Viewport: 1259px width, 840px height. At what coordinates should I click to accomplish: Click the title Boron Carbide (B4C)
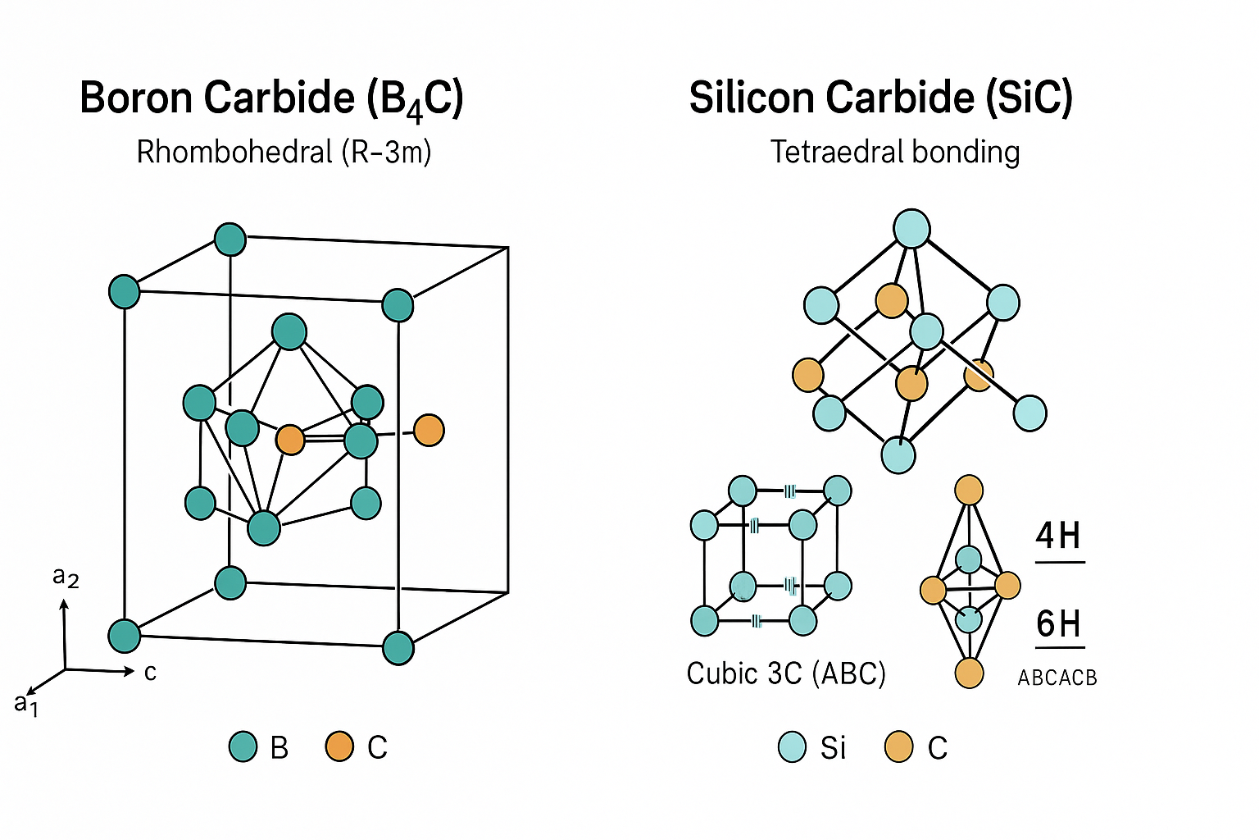(271, 98)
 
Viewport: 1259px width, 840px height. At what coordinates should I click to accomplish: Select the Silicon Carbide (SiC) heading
(880, 98)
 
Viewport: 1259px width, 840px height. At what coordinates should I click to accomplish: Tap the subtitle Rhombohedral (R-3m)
(284, 152)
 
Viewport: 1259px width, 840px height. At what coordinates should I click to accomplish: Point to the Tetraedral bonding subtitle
(895, 152)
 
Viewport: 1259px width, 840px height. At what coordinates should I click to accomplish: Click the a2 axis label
(65, 577)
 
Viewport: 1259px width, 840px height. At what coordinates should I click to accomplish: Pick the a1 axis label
(26, 703)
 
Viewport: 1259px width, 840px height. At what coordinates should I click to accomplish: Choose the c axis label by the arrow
(150, 673)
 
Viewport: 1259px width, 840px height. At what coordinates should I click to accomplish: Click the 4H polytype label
(1058, 536)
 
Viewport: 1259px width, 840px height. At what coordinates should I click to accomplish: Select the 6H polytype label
(1058, 623)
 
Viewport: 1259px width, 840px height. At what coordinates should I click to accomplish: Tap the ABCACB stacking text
(1057, 678)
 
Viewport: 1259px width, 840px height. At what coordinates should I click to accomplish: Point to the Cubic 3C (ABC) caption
(786, 673)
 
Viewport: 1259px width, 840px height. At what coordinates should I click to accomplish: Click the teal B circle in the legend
(243, 746)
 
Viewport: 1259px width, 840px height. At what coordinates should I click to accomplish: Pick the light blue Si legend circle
(792, 746)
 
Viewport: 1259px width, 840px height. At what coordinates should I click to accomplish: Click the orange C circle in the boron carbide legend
(339, 746)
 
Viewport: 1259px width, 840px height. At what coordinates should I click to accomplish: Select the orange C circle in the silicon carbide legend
(899, 746)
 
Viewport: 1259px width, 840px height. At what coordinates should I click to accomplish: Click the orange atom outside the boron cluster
(429, 430)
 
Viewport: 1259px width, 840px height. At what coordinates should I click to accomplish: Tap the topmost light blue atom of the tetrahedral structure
(911, 229)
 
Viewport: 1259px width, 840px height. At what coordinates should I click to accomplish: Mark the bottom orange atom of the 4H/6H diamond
(969, 673)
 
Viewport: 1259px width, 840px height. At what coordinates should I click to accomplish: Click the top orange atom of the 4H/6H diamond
(969, 491)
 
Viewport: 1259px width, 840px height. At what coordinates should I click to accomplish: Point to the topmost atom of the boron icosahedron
(289, 332)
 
